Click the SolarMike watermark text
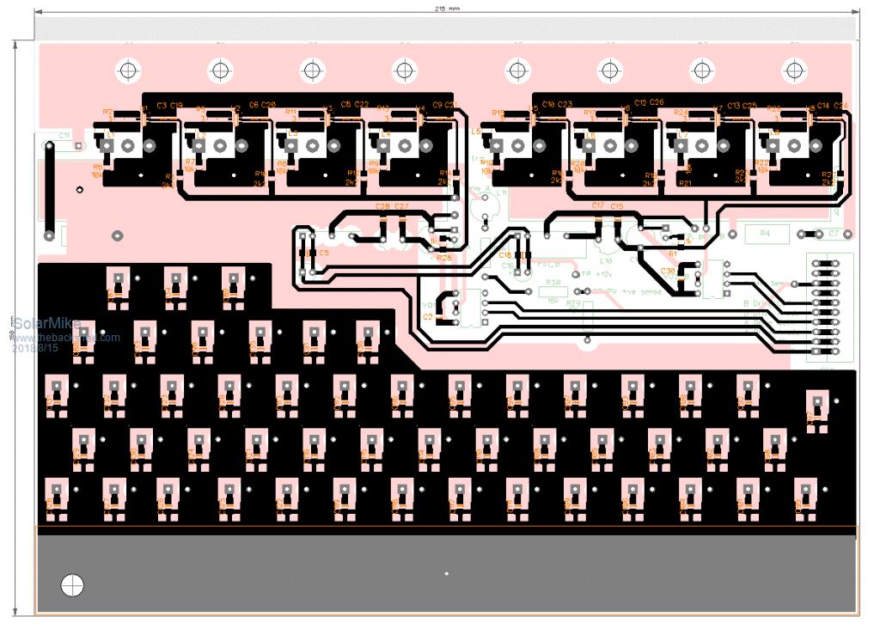coord(46,324)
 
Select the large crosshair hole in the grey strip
coord(73,585)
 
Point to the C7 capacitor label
coord(833,233)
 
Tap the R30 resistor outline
coord(553,283)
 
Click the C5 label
coord(323,253)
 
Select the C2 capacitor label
coord(429,316)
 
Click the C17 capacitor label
coord(598,206)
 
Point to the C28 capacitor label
coord(383,206)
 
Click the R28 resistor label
coord(443,258)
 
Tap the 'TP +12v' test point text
coord(598,274)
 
